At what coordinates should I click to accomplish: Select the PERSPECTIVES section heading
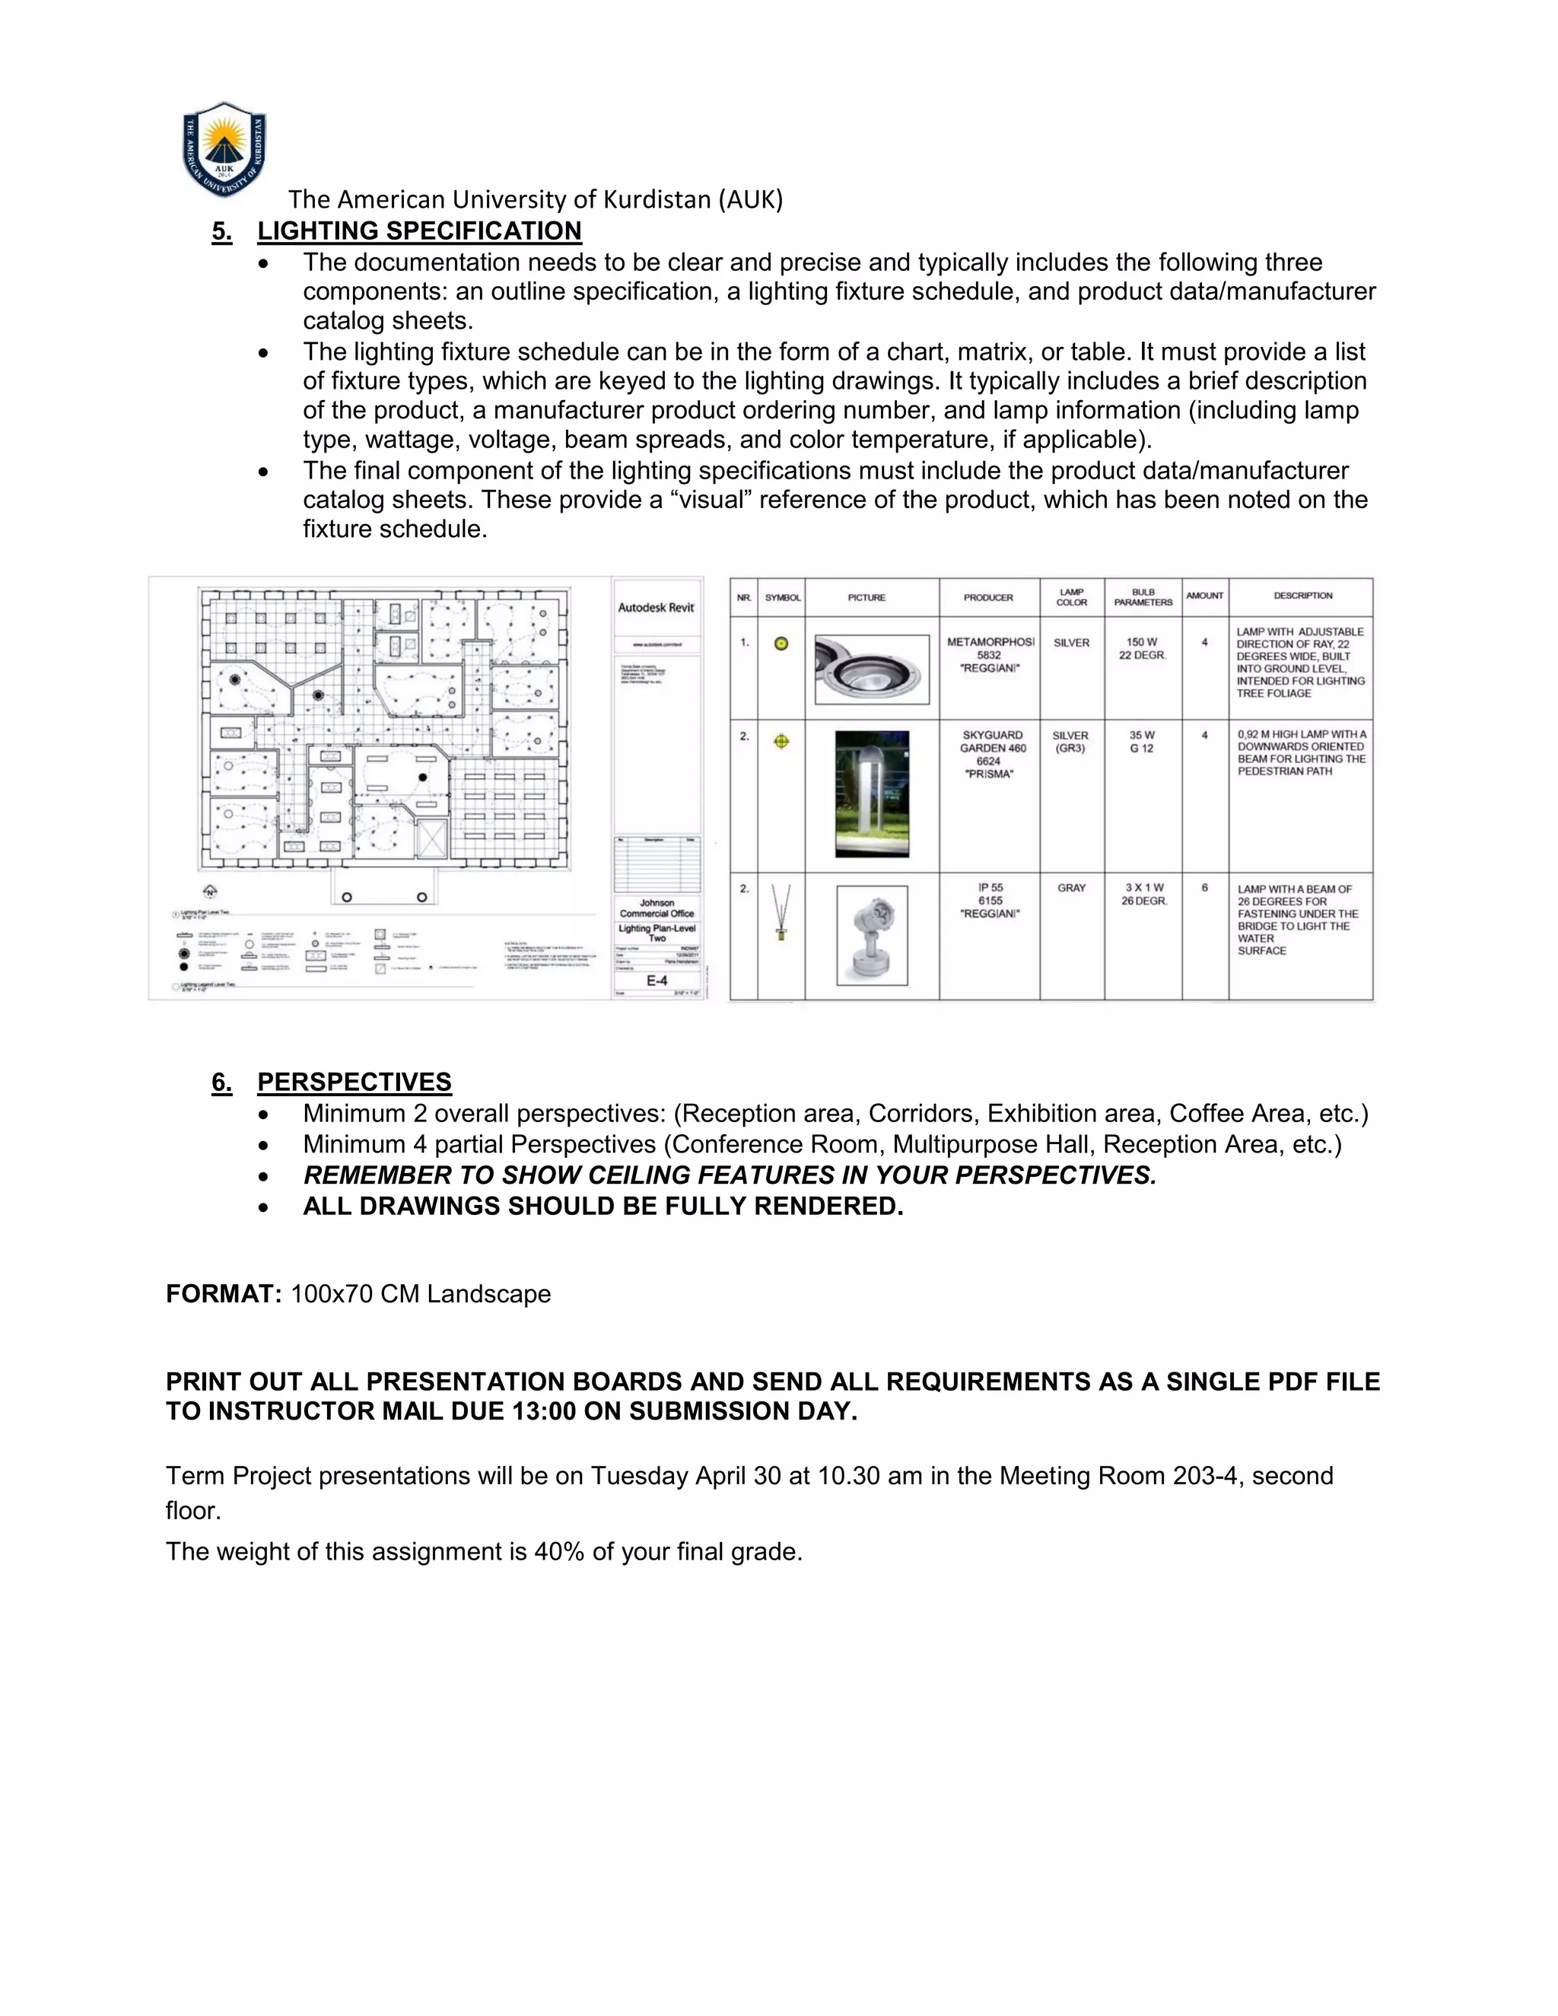[355, 1082]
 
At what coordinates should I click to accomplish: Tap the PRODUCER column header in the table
[988, 598]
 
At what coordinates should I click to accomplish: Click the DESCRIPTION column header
[1302, 596]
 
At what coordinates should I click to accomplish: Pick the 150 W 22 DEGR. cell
[1143, 649]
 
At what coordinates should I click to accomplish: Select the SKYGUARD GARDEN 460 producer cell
[992, 754]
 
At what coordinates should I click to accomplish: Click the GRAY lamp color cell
[1072, 888]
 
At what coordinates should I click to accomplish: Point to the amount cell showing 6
[1204, 888]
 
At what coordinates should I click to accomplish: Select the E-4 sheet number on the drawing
[657, 981]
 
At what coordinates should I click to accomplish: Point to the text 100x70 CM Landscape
[421, 1294]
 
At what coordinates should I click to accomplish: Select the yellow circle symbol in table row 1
[781, 644]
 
